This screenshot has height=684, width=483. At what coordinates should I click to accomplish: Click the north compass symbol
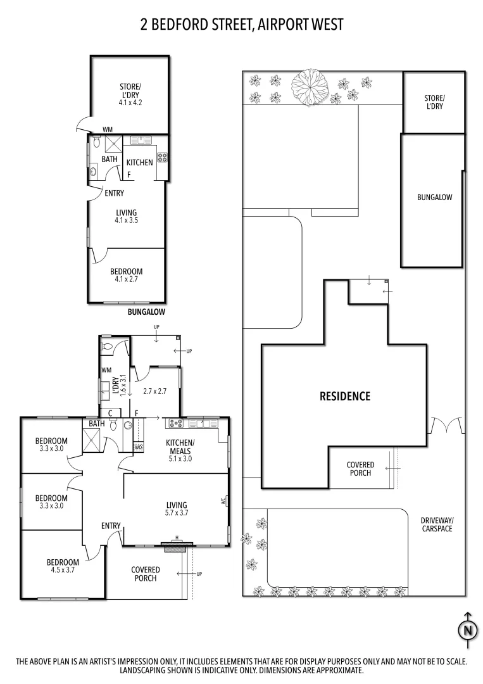click(467, 630)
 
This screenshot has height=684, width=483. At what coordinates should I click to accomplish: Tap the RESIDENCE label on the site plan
click(344, 396)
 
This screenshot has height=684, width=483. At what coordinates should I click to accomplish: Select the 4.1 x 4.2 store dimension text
click(130, 101)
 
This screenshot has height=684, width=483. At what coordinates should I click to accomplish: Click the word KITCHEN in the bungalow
click(140, 162)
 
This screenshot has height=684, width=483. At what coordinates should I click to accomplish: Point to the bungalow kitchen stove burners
click(162, 157)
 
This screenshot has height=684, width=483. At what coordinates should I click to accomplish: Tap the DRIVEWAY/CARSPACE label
click(437, 524)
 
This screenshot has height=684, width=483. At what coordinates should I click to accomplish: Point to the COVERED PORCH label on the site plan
click(360, 469)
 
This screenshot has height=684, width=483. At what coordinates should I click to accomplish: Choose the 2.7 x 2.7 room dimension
click(154, 391)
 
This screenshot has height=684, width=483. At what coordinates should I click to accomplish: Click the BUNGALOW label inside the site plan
click(434, 197)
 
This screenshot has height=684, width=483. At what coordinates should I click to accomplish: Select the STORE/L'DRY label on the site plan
click(434, 102)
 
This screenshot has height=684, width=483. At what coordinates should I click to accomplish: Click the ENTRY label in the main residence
click(111, 526)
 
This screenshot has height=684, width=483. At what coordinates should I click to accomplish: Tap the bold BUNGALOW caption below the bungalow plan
click(146, 312)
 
